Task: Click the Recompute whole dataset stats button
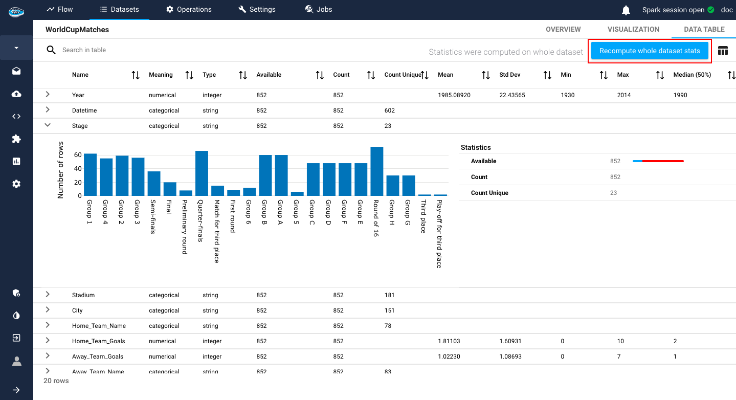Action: coord(650,51)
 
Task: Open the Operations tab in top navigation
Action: coord(189,9)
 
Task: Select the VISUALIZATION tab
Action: coord(633,29)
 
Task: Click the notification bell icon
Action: coord(626,10)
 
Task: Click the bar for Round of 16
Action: coord(377,171)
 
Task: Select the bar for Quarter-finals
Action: coord(202,173)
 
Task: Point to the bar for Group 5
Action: coord(297,194)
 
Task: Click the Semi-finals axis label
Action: coord(151,216)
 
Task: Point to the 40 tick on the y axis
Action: coord(78,168)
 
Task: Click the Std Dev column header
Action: coord(509,75)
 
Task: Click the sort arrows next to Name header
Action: coord(136,75)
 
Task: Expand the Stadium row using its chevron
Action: coord(48,294)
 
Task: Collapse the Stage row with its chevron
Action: coord(48,125)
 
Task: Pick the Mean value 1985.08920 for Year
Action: coord(454,95)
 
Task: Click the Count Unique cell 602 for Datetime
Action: coord(389,110)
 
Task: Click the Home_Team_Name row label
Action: coord(99,326)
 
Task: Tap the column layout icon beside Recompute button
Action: coord(723,51)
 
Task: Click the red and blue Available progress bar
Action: coord(658,161)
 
